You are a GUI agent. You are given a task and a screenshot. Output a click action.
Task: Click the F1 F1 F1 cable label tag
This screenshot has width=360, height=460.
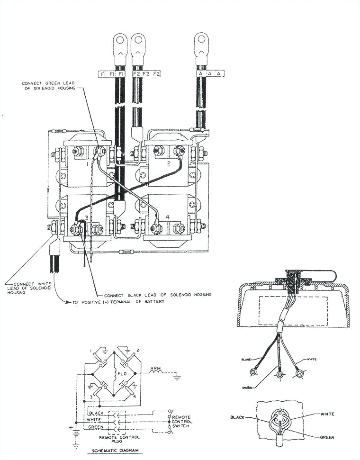click(112, 74)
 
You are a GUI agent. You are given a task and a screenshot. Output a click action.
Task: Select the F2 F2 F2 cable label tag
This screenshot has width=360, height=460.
click(145, 74)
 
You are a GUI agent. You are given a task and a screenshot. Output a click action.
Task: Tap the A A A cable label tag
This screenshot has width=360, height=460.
click(209, 74)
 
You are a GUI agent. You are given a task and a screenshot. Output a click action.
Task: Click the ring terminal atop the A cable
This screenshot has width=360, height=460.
click(202, 42)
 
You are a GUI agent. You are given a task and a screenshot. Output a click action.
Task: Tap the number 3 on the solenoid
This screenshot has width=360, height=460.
click(86, 217)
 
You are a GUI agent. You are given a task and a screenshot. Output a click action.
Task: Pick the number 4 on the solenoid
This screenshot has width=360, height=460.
click(167, 217)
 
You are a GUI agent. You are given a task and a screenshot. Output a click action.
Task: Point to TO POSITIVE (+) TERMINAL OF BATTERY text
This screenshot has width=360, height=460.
click(118, 301)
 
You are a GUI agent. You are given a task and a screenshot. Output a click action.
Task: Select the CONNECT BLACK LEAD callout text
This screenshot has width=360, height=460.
click(157, 294)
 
